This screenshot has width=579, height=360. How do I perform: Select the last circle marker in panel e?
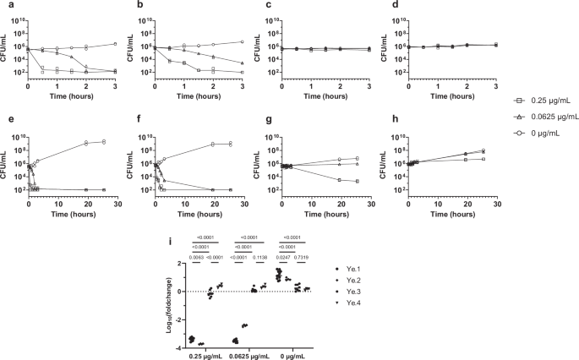[103, 141]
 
